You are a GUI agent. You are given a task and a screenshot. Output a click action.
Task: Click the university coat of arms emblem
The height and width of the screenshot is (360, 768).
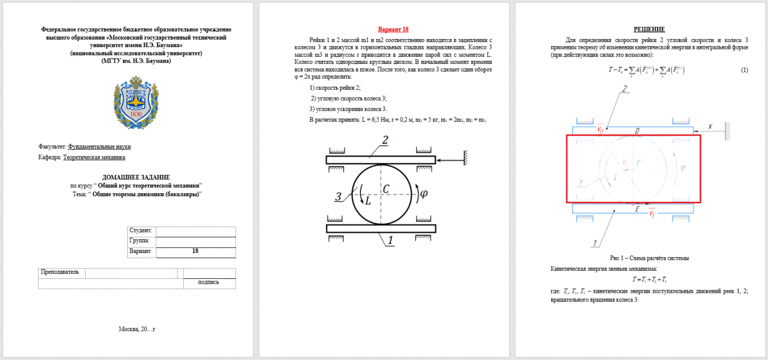click(136, 102)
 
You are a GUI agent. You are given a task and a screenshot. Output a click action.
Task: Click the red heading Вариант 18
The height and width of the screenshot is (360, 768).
click(393, 29)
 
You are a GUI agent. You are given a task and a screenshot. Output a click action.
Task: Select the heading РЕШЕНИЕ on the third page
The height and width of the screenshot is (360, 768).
click(649, 29)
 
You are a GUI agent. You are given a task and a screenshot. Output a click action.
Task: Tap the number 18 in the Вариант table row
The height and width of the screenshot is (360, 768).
click(195, 251)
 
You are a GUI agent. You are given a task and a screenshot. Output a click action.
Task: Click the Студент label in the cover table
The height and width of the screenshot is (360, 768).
click(141, 231)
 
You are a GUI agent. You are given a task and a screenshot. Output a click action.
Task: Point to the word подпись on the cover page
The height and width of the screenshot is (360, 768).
click(208, 282)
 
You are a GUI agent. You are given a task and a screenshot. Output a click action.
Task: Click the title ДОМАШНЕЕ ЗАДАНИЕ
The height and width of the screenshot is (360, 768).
click(136, 177)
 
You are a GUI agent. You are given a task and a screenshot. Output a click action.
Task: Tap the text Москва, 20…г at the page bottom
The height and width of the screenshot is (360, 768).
click(137, 330)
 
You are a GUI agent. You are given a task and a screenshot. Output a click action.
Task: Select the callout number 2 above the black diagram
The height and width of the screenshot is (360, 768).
click(385, 140)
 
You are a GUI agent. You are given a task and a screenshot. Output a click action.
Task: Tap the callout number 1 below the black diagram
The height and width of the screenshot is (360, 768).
click(391, 241)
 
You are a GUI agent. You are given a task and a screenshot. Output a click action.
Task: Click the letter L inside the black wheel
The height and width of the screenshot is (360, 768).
click(367, 201)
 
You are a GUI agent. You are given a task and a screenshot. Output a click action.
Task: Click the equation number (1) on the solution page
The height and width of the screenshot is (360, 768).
click(744, 70)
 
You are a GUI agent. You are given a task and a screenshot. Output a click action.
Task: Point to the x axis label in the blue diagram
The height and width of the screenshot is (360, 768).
click(711, 126)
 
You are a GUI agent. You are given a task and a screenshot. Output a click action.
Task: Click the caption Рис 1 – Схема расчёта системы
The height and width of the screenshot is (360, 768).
click(649, 258)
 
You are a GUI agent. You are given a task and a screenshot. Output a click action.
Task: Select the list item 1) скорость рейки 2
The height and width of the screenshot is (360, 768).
click(335, 88)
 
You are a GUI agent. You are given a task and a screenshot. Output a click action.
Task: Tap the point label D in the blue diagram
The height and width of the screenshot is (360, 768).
click(637, 132)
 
